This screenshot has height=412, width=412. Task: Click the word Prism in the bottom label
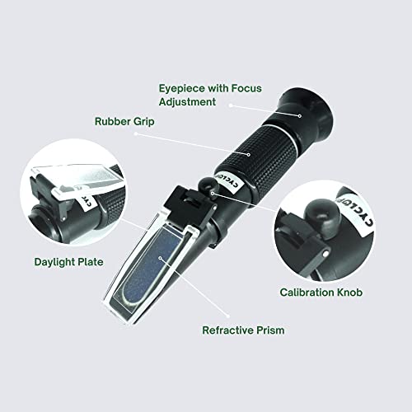269,330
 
